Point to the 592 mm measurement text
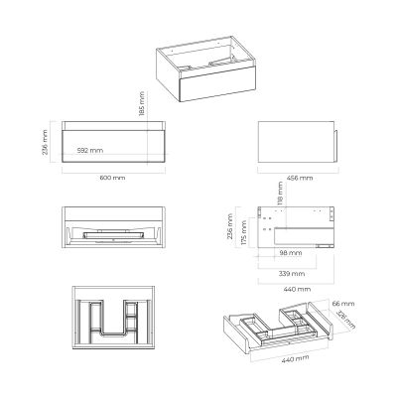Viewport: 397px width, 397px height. pos(90,150)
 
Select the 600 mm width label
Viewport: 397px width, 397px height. pos(111,178)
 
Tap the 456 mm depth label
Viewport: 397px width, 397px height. pos(299,178)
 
